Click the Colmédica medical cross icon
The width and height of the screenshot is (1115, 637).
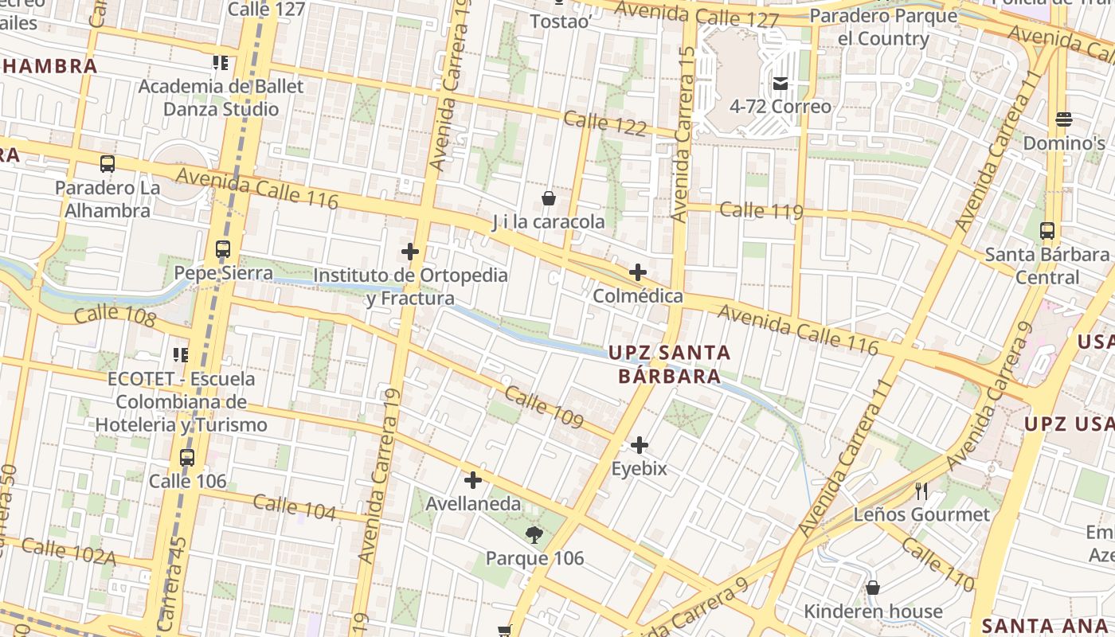[x=638, y=272]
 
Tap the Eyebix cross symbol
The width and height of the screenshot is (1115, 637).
[x=640, y=445]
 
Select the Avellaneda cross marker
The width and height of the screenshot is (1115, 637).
[x=473, y=480]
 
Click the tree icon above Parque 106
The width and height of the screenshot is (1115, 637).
[x=534, y=535]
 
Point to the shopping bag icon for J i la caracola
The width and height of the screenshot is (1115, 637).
[x=549, y=198]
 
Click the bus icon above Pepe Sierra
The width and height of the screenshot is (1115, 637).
[x=223, y=249]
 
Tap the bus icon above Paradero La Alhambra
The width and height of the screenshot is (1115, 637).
[x=108, y=164]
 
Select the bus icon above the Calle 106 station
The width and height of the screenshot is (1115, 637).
[x=187, y=458]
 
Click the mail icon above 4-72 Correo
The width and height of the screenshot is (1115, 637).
[x=780, y=83]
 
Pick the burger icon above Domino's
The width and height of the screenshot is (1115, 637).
[x=1064, y=119]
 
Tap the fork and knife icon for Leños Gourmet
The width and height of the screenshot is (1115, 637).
[x=921, y=490]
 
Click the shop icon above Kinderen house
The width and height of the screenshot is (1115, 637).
[x=873, y=588]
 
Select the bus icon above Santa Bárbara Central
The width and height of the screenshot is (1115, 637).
[x=1047, y=231]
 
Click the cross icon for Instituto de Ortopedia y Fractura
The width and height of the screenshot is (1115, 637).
[x=410, y=252]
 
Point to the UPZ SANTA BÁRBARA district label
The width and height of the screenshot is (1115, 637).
[x=670, y=364]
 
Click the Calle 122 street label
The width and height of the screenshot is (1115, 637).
[x=604, y=123]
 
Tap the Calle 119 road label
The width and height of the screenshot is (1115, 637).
[x=761, y=211]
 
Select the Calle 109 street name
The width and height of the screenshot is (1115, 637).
[x=544, y=407]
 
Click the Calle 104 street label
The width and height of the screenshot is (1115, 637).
[x=295, y=506]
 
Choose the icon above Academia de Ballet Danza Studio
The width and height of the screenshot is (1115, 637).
[x=221, y=62]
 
